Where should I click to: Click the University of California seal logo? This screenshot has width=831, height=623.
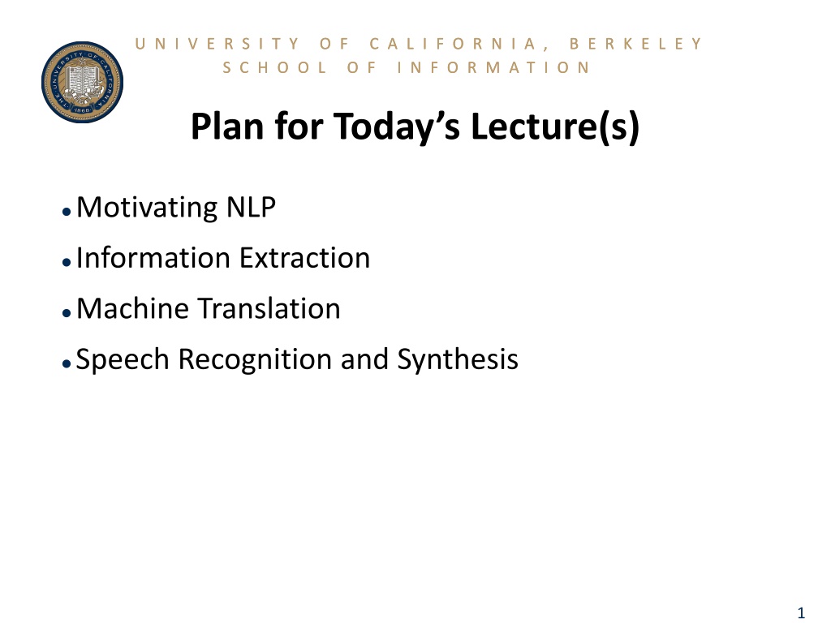82,82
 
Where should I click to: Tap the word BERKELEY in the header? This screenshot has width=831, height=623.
636,44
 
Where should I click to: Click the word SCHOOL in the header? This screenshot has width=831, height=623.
274,68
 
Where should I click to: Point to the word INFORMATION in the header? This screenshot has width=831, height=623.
493,68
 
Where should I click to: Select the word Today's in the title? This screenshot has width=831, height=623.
397,127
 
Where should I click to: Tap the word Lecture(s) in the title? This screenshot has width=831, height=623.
555,127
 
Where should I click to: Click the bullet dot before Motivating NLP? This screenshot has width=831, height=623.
67,212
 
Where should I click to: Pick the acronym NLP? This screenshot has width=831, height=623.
251,207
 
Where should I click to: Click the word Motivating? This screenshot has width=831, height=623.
147,208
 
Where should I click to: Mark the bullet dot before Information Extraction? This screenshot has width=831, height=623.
67,262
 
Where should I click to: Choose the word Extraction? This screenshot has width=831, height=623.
305,258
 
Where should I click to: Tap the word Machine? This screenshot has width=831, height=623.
132,308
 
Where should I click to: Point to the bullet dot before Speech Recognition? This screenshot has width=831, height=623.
67,363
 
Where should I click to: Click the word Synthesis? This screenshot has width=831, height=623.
458,359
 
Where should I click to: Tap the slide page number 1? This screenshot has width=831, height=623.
801,613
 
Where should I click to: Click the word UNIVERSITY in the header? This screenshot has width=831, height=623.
217,44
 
